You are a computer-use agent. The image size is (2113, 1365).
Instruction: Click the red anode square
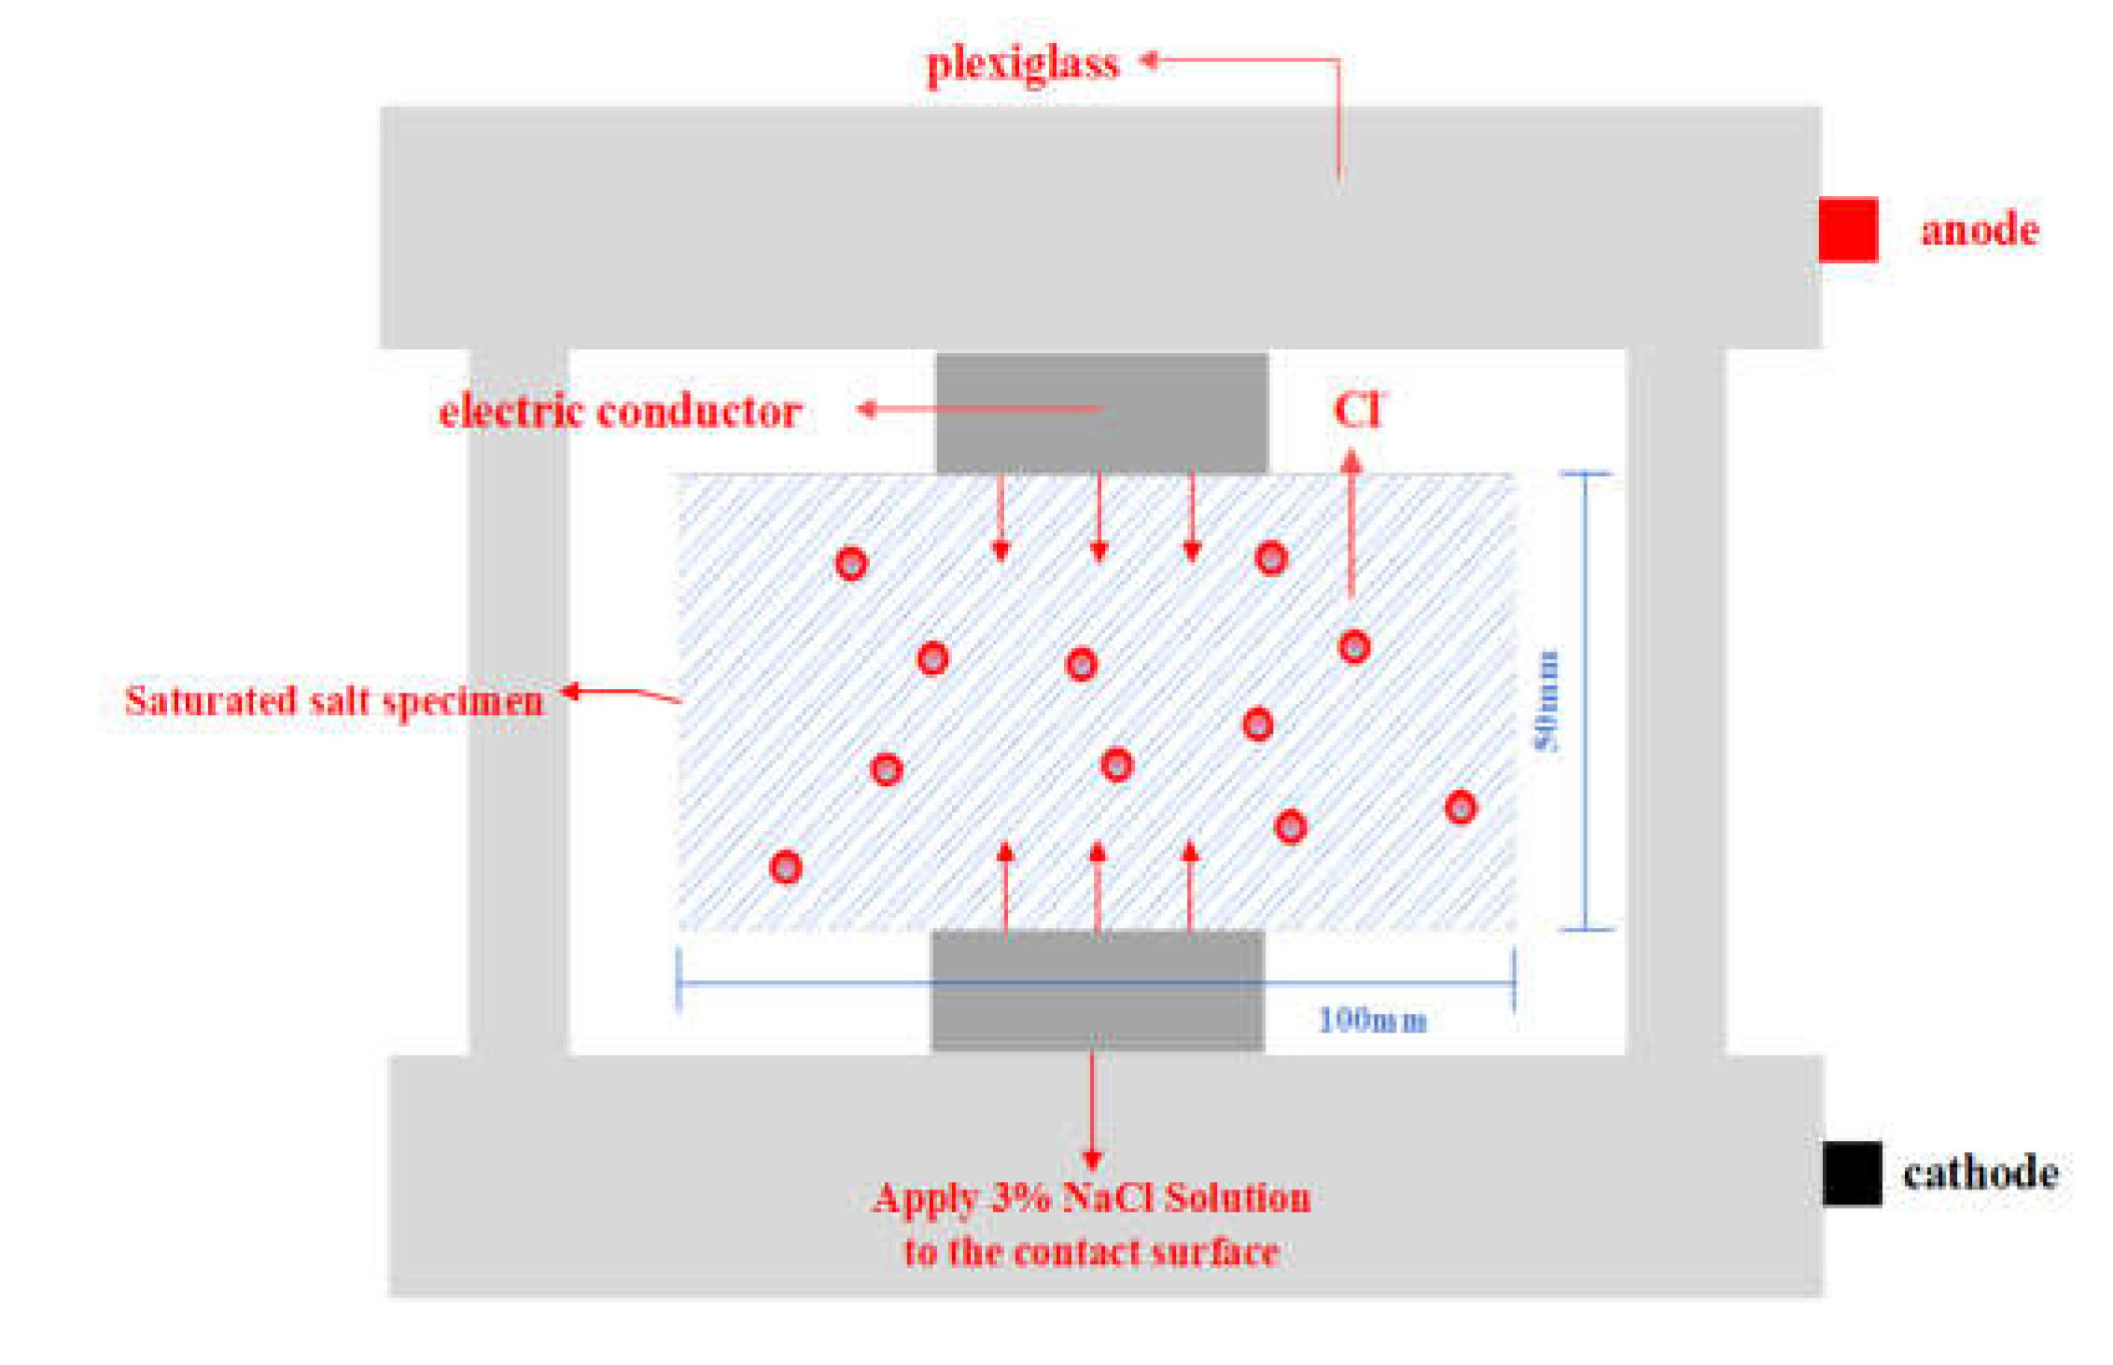pos(1848,230)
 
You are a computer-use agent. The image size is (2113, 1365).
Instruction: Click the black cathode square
pos(1852,1174)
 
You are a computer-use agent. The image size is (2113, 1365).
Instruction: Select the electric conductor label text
pos(620,411)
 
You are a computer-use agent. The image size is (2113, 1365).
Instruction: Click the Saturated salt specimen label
pos(334,701)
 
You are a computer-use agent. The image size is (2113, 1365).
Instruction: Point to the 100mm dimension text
pos(1372,1020)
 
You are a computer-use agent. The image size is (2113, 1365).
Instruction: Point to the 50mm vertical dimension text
pos(1546,700)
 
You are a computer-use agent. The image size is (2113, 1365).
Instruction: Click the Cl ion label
pos(1358,410)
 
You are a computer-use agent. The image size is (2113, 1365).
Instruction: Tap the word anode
pos(1980,230)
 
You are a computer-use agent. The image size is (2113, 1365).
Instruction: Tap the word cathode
pos(1980,1174)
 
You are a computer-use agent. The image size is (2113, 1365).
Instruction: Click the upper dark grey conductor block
pos(1101,413)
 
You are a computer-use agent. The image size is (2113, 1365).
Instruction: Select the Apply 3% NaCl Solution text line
pos(1092,1198)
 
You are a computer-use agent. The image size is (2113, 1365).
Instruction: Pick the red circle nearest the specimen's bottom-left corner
pos(786,867)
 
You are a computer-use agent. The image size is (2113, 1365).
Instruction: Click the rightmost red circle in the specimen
pos(1461,808)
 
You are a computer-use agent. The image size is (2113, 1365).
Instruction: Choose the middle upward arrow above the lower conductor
pos(1098,887)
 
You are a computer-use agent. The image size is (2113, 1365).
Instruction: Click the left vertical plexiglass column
pos(519,700)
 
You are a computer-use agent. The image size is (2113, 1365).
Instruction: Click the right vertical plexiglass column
pos(1676,700)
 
